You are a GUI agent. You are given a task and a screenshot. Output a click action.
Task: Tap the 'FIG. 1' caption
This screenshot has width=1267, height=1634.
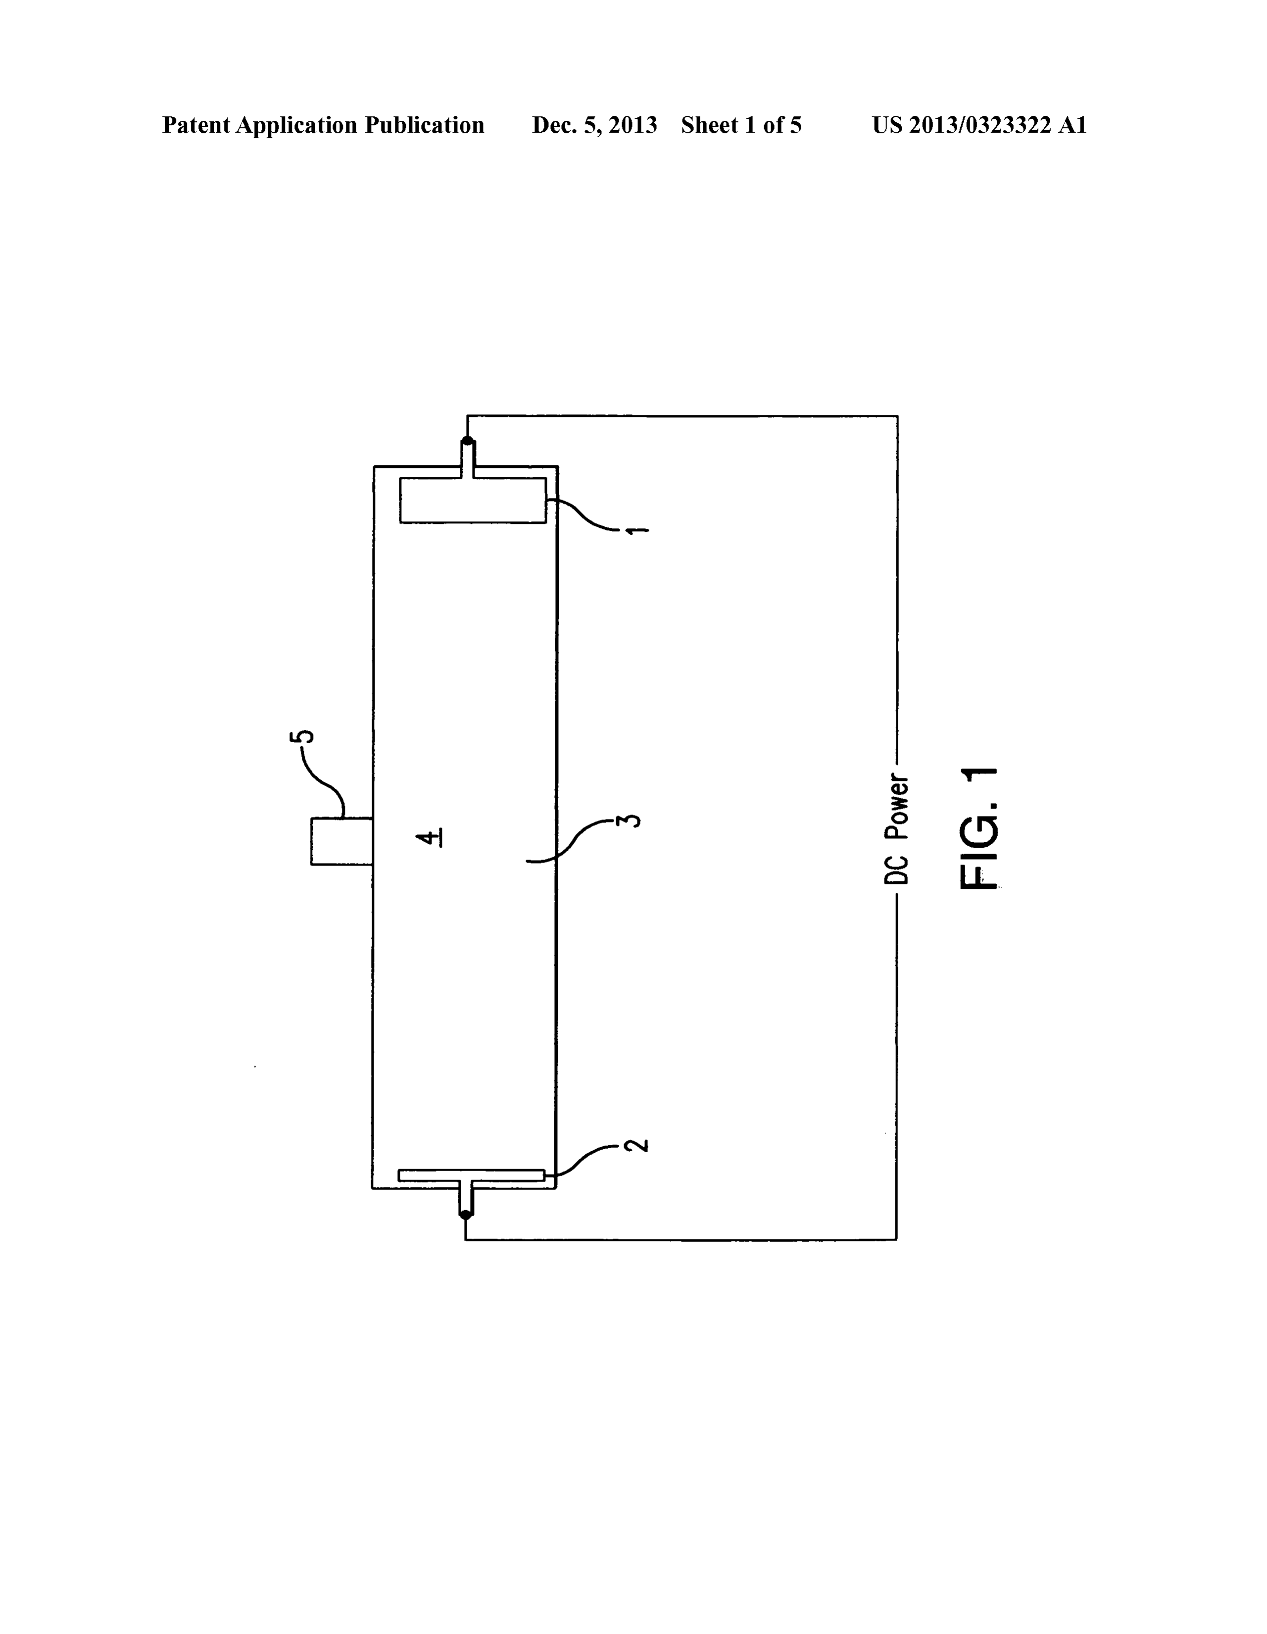tap(979, 828)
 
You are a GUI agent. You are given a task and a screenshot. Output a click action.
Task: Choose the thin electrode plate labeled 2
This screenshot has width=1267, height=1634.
tap(471, 1175)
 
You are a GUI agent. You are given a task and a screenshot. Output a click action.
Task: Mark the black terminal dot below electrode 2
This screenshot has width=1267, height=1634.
tap(465, 1215)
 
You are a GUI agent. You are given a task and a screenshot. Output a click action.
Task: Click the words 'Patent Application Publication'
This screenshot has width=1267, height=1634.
tap(323, 125)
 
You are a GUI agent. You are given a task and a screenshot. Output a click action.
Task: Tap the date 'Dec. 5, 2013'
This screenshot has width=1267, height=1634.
tap(594, 125)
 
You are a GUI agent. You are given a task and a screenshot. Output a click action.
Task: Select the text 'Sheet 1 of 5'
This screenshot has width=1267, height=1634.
tap(741, 125)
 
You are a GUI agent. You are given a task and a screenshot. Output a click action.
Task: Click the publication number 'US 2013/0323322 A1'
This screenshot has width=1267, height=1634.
tap(979, 125)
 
